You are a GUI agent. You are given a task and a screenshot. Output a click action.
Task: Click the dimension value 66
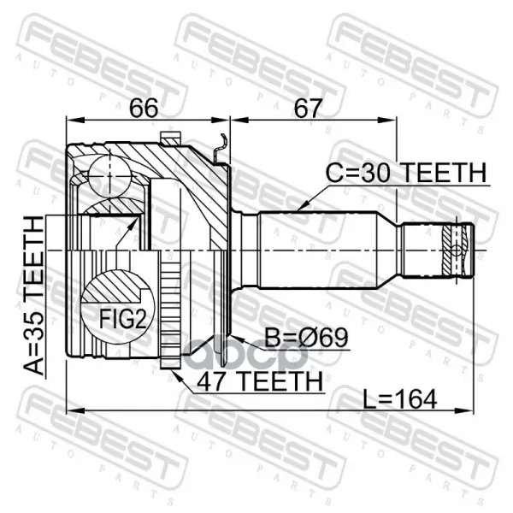tap(144, 108)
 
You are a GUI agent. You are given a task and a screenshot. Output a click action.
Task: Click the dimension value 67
tap(308, 108)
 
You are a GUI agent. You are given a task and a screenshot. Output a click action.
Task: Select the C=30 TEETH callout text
tap(406, 173)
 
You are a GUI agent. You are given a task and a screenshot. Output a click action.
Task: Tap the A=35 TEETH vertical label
tap(33, 295)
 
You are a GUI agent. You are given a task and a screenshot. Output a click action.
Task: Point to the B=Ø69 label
tap(306, 338)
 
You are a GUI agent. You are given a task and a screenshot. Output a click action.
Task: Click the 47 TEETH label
tap(260, 381)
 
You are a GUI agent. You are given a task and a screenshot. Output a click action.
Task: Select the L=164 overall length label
tap(400, 398)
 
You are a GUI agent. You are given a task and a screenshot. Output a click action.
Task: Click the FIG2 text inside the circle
tap(121, 319)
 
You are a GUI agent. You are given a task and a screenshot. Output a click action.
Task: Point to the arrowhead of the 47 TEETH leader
tap(174, 374)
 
